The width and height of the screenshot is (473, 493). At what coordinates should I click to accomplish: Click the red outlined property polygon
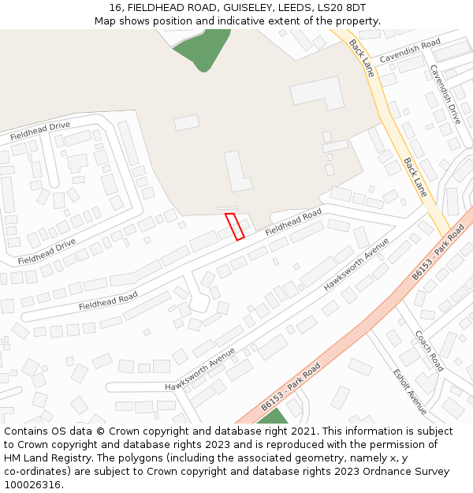point(234,226)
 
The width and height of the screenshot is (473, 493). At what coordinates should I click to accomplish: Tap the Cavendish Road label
point(409,51)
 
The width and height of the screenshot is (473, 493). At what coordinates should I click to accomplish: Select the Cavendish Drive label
point(445,94)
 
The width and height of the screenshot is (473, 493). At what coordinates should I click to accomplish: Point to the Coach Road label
point(430,351)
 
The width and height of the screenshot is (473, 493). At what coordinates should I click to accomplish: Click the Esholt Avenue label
point(410,392)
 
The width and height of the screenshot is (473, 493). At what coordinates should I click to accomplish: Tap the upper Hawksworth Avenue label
point(356,263)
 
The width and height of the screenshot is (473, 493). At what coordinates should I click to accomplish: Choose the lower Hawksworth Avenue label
point(200,369)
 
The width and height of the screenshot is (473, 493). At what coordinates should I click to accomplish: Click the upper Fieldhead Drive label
point(40,132)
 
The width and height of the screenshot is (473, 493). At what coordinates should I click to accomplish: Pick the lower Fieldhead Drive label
point(47,251)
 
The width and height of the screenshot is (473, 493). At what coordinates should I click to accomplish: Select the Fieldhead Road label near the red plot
point(293,222)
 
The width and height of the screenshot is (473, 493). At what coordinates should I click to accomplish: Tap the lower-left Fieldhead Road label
point(108,300)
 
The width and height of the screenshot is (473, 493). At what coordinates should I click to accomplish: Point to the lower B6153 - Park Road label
point(291,387)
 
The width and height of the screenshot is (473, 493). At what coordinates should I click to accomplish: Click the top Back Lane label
point(362,58)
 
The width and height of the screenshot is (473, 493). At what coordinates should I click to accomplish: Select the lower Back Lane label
point(415,177)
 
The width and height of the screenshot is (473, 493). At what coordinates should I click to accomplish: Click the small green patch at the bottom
point(273,416)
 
